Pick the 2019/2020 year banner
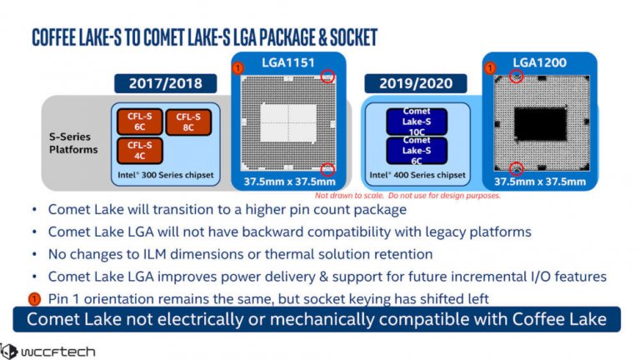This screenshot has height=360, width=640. [414, 83]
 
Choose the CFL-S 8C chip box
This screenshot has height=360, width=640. [188, 122]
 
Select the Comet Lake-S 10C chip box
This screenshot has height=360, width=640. [417, 122]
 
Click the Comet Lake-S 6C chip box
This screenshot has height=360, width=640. [417, 150]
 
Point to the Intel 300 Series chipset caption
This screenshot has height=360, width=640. [165, 177]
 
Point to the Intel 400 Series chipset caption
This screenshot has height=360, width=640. [416, 177]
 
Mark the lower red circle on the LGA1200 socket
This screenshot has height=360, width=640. [517, 168]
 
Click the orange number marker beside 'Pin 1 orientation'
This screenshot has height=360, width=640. [34, 298]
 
